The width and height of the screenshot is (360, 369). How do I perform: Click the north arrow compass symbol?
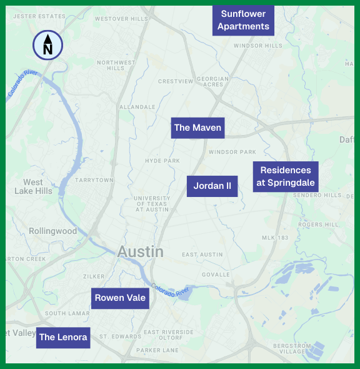tap(47, 45)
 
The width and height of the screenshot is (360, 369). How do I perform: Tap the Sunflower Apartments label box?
tap(244, 20)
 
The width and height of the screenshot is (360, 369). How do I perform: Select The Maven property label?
tap(197, 128)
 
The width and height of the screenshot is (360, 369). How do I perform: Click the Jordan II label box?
tap(212, 186)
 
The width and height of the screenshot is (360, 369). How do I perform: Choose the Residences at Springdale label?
tap(286, 177)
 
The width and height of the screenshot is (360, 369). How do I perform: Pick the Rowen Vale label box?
tap(120, 298)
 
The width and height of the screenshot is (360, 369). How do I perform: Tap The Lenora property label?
tap(62, 337)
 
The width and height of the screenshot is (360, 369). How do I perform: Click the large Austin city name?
tap(141, 252)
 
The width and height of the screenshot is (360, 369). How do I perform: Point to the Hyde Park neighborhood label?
tap(162, 161)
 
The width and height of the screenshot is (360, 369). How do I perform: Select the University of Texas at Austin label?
tap(152, 204)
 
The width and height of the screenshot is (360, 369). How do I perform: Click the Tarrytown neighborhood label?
tap(94, 179)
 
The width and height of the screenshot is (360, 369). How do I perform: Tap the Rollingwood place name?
tap(53, 231)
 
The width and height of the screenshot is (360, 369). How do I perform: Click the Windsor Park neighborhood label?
tap(232, 152)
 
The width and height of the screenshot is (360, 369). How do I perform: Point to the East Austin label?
tap(202, 255)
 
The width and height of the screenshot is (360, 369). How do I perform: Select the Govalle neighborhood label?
tap(216, 275)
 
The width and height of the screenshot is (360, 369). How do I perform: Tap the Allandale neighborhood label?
tap(137, 107)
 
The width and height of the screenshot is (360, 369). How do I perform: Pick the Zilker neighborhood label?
tap(94, 276)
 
